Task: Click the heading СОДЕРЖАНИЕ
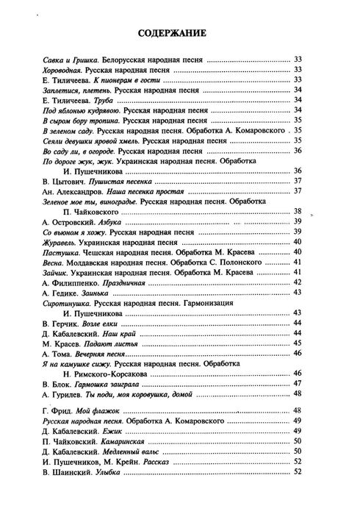pyautogui.click(x=181, y=32)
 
